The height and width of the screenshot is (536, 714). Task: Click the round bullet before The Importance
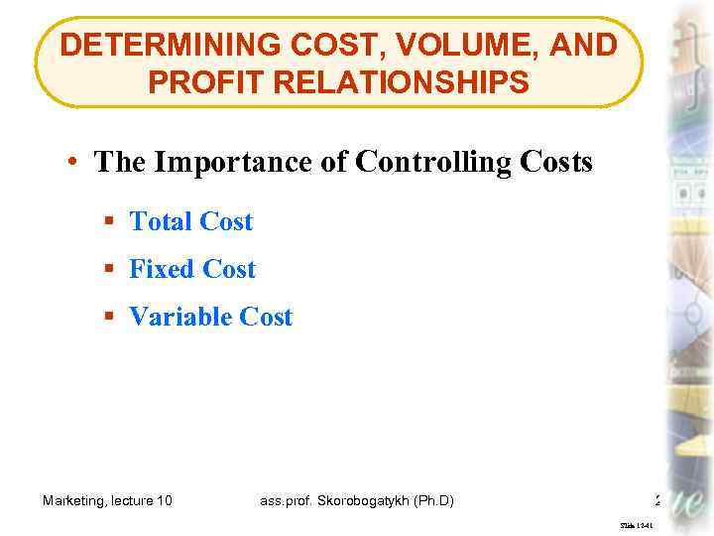76,163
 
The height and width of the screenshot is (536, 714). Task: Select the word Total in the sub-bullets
161,221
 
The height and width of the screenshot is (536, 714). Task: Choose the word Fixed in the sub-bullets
163,269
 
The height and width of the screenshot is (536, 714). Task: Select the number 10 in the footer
164,500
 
